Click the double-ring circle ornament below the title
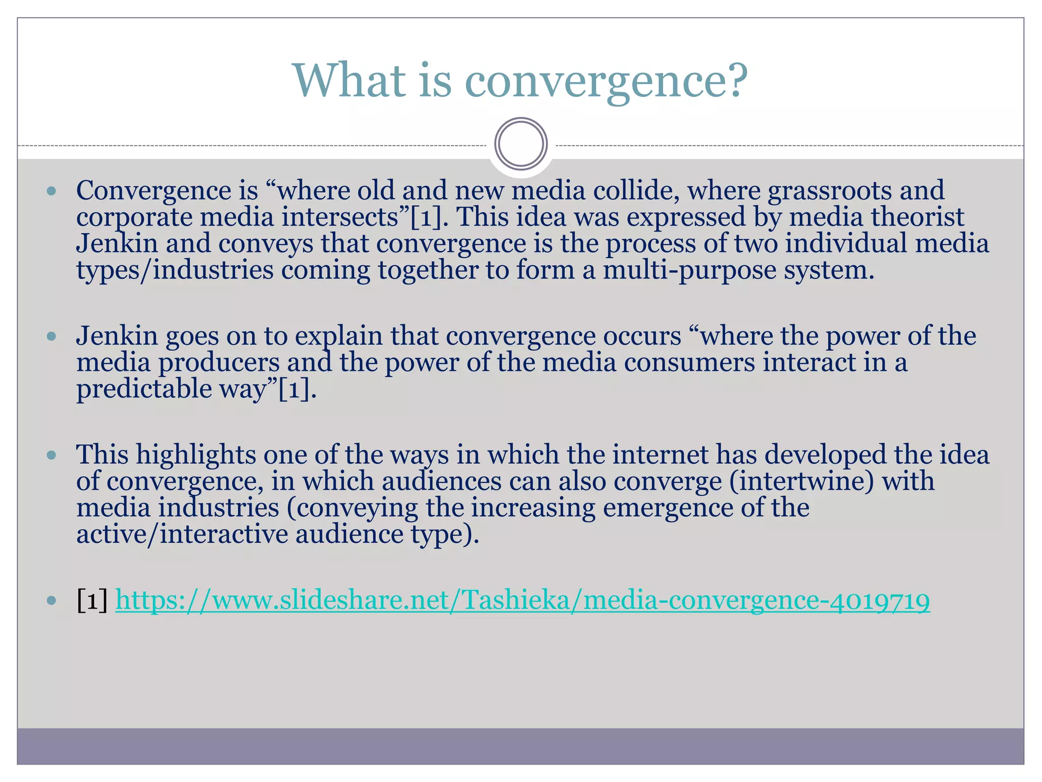[521, 144]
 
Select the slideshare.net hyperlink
[523, 600]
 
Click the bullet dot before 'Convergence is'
[51, 192]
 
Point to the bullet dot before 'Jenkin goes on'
[51, 337]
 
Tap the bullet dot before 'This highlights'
[51, 455]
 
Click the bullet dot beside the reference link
[51, 601]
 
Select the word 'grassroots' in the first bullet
[829, 191]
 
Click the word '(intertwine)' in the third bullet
[801, 482]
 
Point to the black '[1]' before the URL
[92, 601]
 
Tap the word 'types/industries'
[175, 270]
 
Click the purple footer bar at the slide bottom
[521, 746]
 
